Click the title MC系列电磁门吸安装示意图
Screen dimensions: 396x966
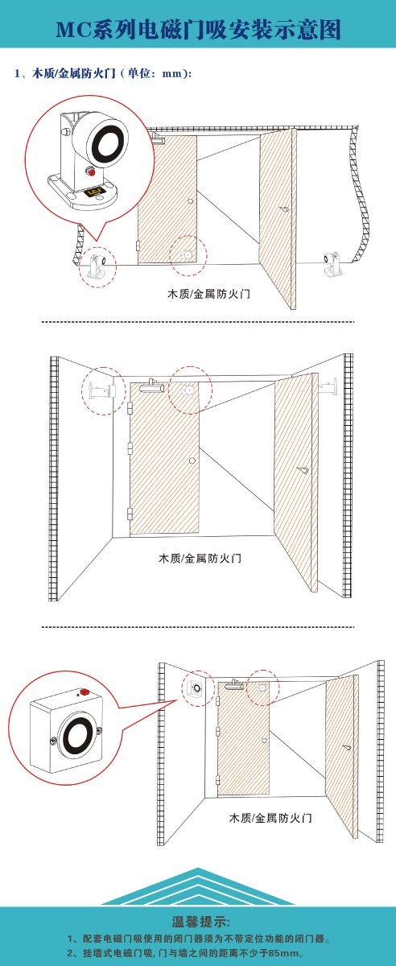199,30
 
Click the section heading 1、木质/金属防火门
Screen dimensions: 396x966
65,73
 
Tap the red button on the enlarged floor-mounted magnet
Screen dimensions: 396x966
91,171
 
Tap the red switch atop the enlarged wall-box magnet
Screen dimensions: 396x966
84,691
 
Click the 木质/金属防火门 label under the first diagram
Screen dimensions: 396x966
208,295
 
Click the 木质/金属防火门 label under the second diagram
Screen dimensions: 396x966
200,558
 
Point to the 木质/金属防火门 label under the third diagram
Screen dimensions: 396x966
270,818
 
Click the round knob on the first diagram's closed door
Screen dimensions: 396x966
190,201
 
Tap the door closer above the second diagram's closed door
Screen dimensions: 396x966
151,386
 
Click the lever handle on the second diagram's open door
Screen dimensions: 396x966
303,469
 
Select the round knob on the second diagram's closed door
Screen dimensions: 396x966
192,460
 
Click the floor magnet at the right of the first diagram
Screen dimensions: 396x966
332,264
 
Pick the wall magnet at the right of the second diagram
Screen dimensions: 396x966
328,386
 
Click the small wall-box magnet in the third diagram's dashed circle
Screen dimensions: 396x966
196,687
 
